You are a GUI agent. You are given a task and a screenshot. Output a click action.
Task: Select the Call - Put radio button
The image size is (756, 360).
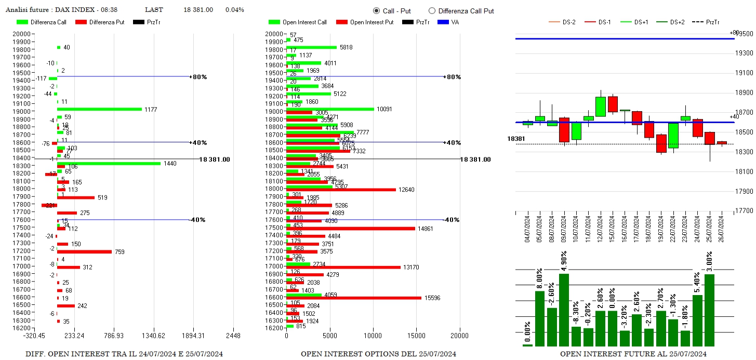tap(376, 10)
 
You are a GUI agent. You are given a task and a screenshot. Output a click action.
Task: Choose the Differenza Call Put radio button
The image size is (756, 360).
tap(432, 10)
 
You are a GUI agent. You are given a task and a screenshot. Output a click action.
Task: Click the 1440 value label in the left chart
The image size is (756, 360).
tap(170, 164)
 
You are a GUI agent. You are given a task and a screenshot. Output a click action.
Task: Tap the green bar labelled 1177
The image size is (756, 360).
tap(99, 109)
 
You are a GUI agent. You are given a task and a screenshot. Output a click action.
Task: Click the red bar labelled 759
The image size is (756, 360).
tap(84, 251)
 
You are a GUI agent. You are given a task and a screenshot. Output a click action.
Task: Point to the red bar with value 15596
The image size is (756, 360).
tap(354, 298)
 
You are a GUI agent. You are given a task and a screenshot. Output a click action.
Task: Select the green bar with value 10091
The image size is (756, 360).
tap(330, 109)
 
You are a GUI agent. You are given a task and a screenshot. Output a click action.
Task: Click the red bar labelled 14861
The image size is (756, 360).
tap(351, 228)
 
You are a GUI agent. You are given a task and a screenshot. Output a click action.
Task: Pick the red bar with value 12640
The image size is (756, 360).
tap(341, 190)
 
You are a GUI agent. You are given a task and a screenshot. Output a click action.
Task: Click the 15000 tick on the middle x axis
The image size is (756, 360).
tap(416, 336)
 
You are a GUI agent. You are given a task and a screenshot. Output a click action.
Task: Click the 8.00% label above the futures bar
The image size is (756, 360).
tap(539, 279)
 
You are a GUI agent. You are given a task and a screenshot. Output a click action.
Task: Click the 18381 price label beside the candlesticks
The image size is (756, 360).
tap(516, 139)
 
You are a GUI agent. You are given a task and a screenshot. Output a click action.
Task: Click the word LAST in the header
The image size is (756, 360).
tap(154, 10)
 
